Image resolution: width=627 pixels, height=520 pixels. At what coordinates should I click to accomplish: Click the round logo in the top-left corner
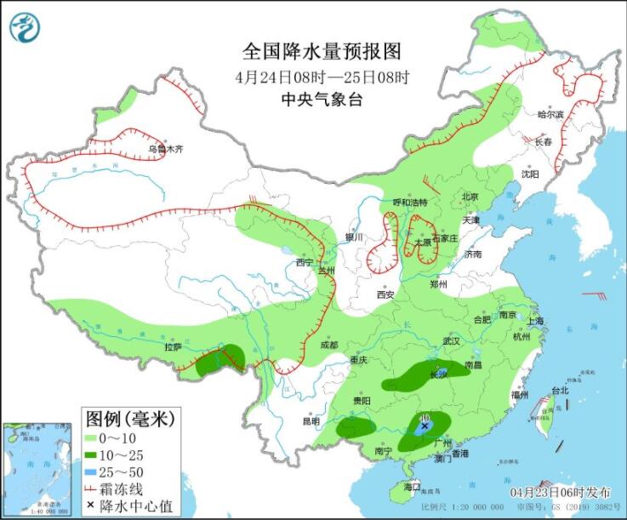(x=25, y=27)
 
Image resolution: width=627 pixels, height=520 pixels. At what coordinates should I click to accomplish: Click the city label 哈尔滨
(x=550, y=114)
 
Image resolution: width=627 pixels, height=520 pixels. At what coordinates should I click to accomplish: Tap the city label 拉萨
(x=174, y=347)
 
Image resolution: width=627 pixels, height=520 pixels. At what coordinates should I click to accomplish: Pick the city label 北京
(x=470, y=197)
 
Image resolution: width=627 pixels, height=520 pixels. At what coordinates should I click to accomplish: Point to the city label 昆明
(x=311, y=421)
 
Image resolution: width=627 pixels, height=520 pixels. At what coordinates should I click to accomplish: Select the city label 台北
(x=559, y=391)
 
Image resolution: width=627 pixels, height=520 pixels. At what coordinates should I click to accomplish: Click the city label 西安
(x=385, y=294)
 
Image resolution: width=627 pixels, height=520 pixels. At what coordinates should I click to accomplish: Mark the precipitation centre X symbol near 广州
(x=425, y=429)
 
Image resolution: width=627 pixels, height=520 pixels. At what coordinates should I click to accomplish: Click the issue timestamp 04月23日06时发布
(x=561, y=493)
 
